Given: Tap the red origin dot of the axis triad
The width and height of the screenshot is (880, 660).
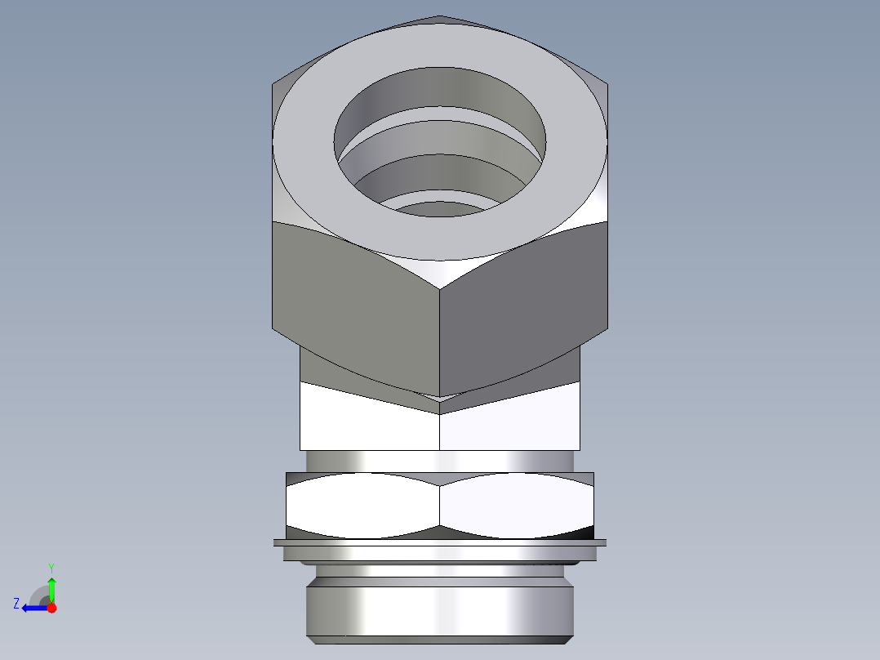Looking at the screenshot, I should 51,608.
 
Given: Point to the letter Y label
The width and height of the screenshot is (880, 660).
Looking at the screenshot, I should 51,567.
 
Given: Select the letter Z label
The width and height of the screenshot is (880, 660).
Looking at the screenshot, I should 16,604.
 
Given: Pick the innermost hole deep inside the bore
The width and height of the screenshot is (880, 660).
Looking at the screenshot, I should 439,209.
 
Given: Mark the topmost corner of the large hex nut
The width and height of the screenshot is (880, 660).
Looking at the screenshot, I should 439,16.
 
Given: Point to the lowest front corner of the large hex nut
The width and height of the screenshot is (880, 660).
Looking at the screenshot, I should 439,398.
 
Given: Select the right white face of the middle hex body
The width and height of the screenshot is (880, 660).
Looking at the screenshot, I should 510,425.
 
